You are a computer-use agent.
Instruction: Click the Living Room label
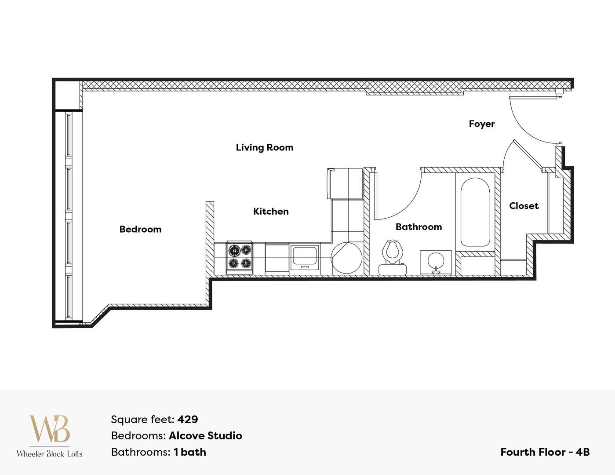(x=264, y=147)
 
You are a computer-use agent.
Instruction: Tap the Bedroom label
(x=140, y=229)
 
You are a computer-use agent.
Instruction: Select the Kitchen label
(x=271, y=211)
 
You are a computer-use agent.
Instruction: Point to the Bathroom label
(x=418, y=227)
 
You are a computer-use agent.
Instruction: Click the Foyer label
(x=481, y=124)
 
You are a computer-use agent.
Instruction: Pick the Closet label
(x=524, y=206)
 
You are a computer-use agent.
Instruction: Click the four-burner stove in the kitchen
(x=240, y=257)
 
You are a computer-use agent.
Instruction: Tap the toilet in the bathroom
(x=392, y=257)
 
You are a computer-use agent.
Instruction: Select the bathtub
(x=475, y=212)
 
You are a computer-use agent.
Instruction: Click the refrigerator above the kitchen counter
(x=345, y=183)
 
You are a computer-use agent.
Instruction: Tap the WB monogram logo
(x=49, y=429)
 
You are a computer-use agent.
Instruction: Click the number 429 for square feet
(x=188, y=420)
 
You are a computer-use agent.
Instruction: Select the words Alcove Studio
(x=205, y=436)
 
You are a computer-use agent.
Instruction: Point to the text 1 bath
(x=189, y=452)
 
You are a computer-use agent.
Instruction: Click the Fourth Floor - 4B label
(x=545, y=452)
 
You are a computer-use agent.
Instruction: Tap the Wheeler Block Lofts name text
(x=49, y=454)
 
